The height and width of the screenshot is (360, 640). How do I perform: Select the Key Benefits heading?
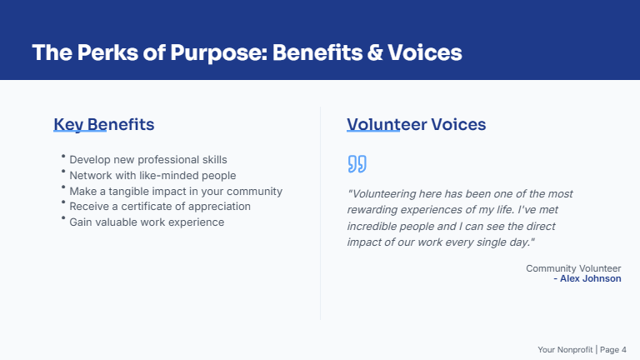pos(103,125)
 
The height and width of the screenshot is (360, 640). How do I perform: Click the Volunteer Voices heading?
pos(416,125)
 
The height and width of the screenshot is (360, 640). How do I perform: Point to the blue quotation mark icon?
pos(357,163)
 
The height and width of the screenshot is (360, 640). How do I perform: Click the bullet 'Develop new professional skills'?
pos(147,159)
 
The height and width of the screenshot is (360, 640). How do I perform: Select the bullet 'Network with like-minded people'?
pos(152,175)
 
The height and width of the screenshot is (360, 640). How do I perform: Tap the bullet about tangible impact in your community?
pos(176,191)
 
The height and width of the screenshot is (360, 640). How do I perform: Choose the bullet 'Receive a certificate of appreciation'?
pos(160,206)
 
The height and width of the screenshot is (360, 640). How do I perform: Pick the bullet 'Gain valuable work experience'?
pos(147,222)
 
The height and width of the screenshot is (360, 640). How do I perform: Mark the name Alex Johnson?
pos(590,278)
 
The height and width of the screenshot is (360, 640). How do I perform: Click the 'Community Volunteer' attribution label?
pos(573,268)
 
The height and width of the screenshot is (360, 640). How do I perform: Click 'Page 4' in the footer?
pos(613,349)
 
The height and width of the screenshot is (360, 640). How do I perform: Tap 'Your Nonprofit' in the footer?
pos(565,349)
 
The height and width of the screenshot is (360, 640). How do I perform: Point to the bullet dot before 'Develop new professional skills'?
pos(63,156)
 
